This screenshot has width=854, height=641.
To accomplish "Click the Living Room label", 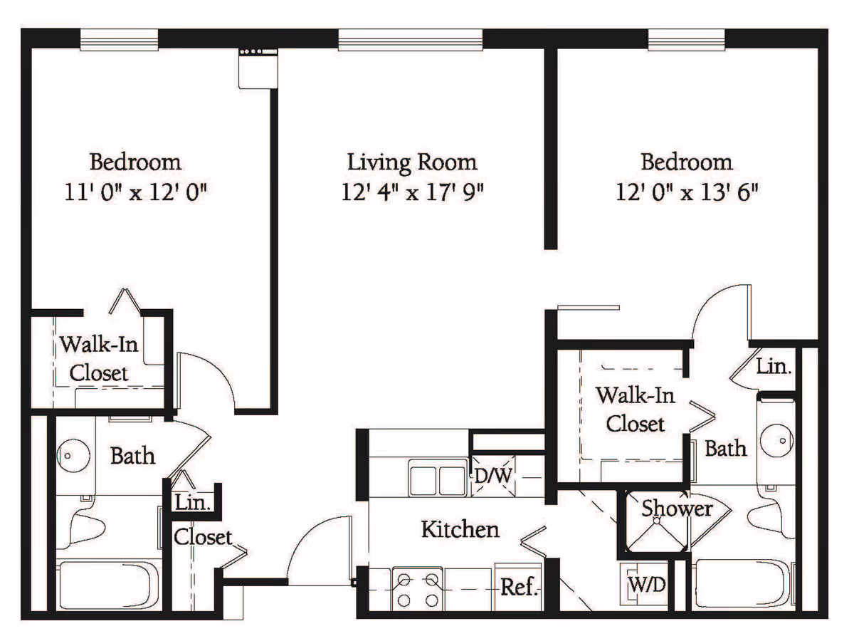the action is click(412, 162).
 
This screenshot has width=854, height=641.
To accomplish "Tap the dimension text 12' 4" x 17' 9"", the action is click(412, 192).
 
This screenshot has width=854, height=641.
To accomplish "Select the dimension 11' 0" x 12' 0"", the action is click(135, 192).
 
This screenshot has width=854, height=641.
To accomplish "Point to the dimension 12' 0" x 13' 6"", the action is click(687, 192).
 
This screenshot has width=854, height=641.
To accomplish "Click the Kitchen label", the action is click(460, 529).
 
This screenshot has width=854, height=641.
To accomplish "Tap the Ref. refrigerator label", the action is click(520, 587).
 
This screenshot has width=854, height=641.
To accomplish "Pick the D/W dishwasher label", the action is click(493, 476).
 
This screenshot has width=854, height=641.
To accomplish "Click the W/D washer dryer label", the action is click(647, 584).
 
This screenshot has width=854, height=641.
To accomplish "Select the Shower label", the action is click(677, 509).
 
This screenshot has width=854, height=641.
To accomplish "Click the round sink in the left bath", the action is click(73, 455).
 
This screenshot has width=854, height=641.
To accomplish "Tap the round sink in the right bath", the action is click(777, 441).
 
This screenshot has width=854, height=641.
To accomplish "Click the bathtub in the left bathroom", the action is click(108, 585).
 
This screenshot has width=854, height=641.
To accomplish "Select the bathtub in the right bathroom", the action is click(743, 584).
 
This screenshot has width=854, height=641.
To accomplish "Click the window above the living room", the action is click(411, 40).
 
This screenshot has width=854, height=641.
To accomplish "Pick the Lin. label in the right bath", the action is click(774, 367).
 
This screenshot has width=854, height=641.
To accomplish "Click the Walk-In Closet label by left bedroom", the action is click(99, 359).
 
